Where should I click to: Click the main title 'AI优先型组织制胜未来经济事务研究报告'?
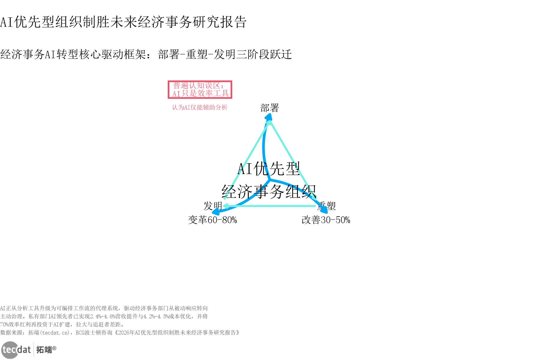pyautogui.click(x=123, y=22)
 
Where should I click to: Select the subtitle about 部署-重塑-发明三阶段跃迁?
pyautogui.click(x=146, y=54)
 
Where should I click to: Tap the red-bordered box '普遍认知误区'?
pyautogui.click(x=200, y=89)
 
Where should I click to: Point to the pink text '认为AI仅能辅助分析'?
pyautogui.click(x=199, y=107)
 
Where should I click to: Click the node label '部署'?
pyautogui.click(x=269, y=108)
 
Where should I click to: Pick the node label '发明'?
pyautogui.click(x=212, y=206)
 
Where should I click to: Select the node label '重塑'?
pyautogui.click(x=327, y=206)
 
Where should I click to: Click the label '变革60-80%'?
pyautogui.click(x=212, y=220)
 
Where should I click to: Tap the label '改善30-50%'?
pyautogui.click(x=326, y=220)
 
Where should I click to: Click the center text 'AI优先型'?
pyautogui.click(x=268, y=169)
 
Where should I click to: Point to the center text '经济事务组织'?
pyautogui.click(x=268, y=191)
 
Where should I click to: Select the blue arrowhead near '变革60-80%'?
pyautogui.click(x=215, y=212)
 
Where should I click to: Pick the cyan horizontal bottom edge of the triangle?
pyautogui.click(x=270, y=206)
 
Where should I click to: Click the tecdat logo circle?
pyautogui.click(x=10, y=350)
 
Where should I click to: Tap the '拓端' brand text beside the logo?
pyautogui.click(x=44, y=349)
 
